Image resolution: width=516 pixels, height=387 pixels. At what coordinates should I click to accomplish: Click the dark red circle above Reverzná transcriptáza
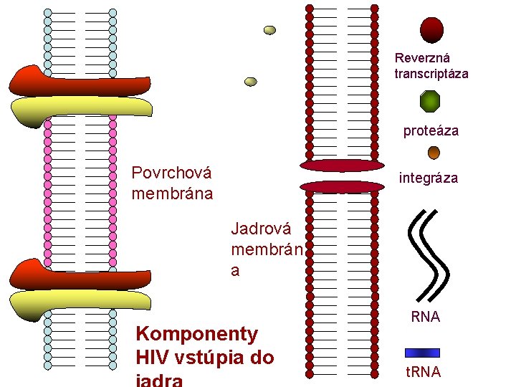[431, 30]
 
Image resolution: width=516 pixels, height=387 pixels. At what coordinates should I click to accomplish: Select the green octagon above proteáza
[430, 102]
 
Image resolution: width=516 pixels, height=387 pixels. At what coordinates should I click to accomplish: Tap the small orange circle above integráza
[434, 153]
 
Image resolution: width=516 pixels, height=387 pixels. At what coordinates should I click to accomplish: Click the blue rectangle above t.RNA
[422, 353]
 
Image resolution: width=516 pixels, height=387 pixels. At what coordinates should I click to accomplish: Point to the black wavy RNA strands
[429, 254]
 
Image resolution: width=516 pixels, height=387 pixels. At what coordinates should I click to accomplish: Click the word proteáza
[431, 131]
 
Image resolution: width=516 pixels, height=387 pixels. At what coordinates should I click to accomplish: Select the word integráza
[428, 178]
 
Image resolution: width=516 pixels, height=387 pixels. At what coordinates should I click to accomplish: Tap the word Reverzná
[422, 58]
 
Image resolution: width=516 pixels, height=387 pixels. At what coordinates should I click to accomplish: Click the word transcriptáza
[431, 74]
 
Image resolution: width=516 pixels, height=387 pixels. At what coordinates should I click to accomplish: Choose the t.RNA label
[423, 372]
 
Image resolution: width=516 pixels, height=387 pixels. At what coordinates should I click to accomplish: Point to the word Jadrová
[262, 229]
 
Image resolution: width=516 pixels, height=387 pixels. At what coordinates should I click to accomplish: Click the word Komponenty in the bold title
[196, 334]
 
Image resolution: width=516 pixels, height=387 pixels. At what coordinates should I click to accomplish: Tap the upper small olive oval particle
[269, 30]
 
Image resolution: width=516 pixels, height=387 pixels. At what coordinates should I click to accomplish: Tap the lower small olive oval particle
[251, 82]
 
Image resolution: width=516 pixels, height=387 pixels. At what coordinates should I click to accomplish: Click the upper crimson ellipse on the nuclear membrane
[342, 166]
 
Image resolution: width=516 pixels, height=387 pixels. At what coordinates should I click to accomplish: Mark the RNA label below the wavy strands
[425, 317]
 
